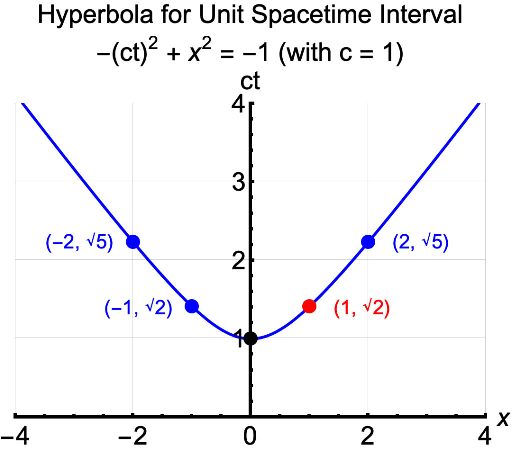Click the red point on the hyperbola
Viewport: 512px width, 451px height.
(309, 306)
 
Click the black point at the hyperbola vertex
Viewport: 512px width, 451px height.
(250, 338)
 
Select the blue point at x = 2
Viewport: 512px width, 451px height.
(368, 242)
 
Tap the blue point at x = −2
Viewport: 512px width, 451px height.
(133, 242)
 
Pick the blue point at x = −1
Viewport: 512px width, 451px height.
(192, 306)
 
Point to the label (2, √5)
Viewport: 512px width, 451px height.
(421, 243)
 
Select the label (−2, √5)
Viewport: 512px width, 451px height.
(79, 243)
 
